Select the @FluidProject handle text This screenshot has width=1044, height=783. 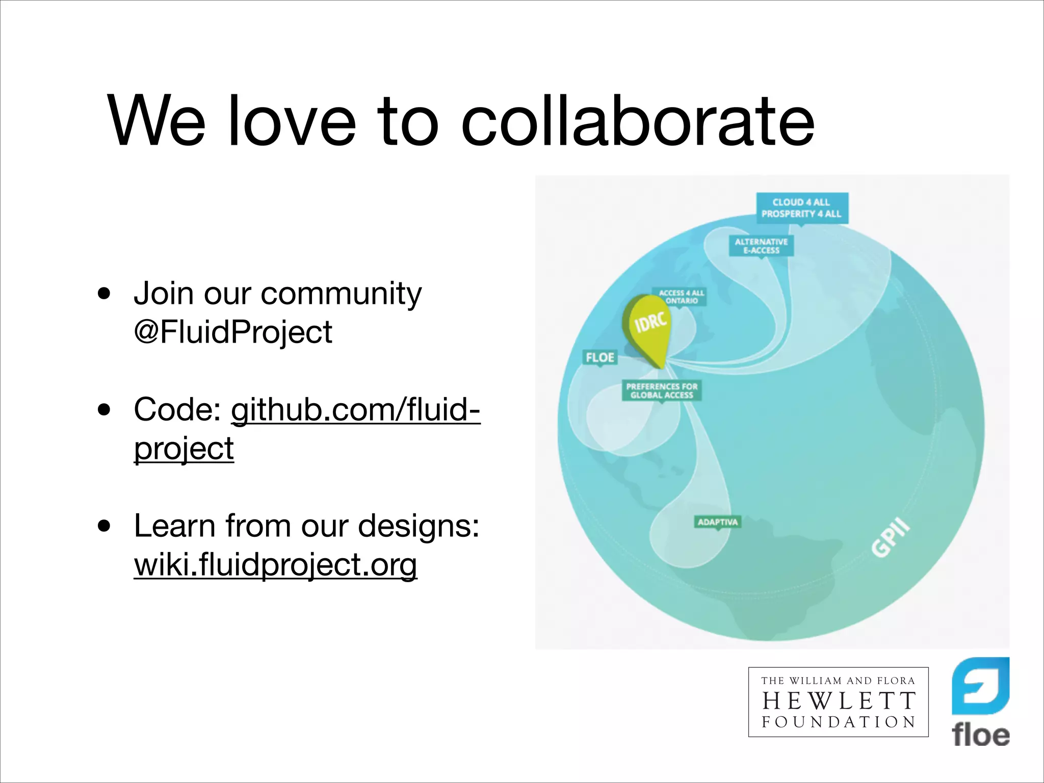(233, 332)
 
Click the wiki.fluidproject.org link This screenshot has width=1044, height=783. (275, 565)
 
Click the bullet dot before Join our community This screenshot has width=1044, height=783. (105, 294)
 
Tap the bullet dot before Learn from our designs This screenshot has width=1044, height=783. (105, 526)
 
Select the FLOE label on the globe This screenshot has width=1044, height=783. (600, 357)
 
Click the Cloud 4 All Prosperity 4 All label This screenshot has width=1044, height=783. (802, 208)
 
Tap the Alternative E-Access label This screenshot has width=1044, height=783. (761, 246)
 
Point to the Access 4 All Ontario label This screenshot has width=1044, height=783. (681, 297)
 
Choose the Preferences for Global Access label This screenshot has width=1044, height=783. (662, 390)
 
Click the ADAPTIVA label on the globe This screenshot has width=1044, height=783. (718, 522)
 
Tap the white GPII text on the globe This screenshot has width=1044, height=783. (890, 538)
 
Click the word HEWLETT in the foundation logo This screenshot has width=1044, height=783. (839, 701)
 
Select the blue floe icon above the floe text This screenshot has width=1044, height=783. (980, 685)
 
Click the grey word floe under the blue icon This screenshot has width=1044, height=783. (980, 735)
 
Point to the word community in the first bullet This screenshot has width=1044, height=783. (341, 294)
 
